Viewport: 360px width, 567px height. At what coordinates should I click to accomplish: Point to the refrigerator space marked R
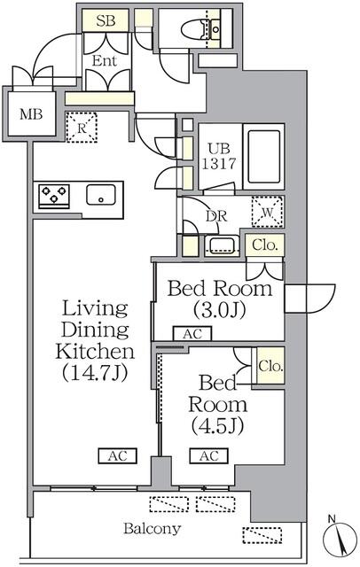tap(82, 128)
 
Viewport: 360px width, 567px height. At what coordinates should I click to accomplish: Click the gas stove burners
tap(55, 195)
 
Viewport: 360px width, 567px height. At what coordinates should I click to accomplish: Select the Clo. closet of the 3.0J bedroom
tap(264, 245)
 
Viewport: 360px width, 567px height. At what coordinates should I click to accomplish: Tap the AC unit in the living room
tap(117, 456)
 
